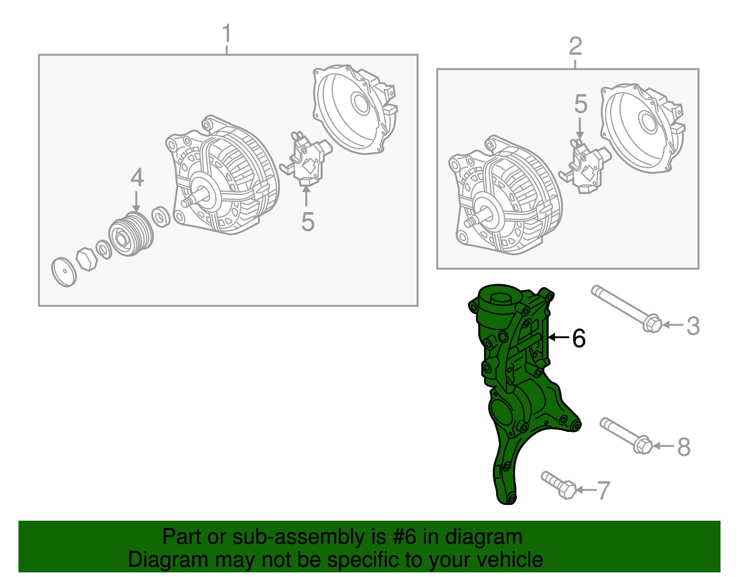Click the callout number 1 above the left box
click(226, 33)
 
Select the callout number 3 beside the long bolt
click(693, 325)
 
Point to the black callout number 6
click(579, 338)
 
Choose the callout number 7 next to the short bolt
click(604, 490)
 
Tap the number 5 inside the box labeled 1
click(308, 222)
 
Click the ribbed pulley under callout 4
click(131, 234)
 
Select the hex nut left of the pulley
click(87, 259)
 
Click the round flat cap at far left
click(64, 272)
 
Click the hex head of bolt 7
click(567, 490)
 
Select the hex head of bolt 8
click(643, 445)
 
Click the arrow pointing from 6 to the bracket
click(559, 337)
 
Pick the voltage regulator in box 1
click(306, 158)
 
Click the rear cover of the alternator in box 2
click(643, 128)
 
